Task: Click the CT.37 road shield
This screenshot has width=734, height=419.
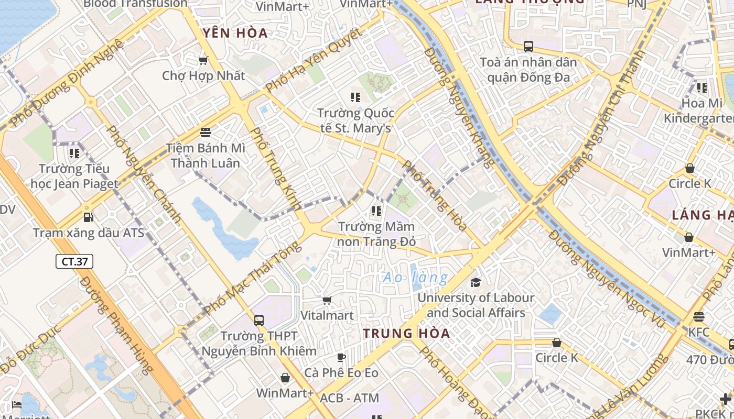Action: [74, 261]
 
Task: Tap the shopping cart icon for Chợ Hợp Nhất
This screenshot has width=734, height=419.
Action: [203, 61]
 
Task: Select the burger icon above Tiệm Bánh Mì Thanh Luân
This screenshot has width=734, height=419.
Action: [205, 132]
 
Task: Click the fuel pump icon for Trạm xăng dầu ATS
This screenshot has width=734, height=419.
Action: [89, 217]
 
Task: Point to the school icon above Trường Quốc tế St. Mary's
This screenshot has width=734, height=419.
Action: [355, 97]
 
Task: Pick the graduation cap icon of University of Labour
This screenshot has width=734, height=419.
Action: [475, 282]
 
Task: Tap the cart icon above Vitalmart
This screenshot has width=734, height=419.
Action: [327, 300]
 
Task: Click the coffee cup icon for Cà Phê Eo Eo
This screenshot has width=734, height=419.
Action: [341, 358]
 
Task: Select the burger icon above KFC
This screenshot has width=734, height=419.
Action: [698, 317]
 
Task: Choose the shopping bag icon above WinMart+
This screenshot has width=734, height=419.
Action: [285, 378]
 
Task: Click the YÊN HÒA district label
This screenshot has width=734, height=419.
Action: [235, 33]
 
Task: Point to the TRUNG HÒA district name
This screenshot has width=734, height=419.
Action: [406, 333]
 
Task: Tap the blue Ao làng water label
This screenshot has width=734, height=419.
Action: [416, 278]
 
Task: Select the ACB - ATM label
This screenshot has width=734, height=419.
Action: [349, 398]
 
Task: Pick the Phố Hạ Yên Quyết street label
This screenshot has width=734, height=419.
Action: [313, 60]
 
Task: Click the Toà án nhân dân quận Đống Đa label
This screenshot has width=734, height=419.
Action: [528, 70]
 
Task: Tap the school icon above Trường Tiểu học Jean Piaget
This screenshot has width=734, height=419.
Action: [74, 153]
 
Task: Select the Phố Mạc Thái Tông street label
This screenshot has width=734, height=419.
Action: [253, 278]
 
